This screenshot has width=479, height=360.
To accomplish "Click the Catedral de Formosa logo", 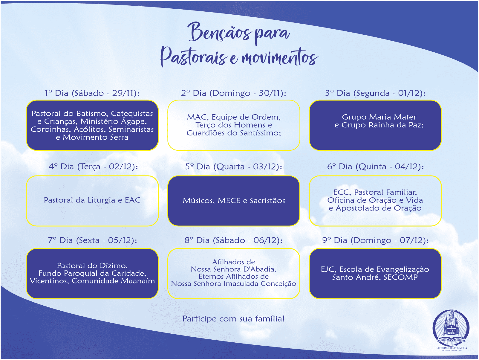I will [x=451, y=329].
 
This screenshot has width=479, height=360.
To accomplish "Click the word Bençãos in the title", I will [x=220, y=32].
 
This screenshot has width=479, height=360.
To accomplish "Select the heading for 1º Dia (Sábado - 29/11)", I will [x=92, y=93].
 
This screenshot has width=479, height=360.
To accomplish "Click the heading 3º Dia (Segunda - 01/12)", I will [x=375, y=93].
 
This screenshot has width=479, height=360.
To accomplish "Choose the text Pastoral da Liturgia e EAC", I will [x=92, y=200].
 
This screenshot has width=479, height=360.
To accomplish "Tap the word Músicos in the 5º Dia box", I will [x=198, y=201].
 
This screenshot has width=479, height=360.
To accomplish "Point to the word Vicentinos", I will [x=49, y=281].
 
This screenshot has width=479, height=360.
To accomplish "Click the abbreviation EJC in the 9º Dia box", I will [x=328, y=269].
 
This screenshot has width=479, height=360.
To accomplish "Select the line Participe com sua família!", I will [x=233, y=319].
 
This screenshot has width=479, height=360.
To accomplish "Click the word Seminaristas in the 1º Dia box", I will [x=131, y=129].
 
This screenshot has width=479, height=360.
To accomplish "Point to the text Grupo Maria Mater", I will [x=379, y=117].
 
